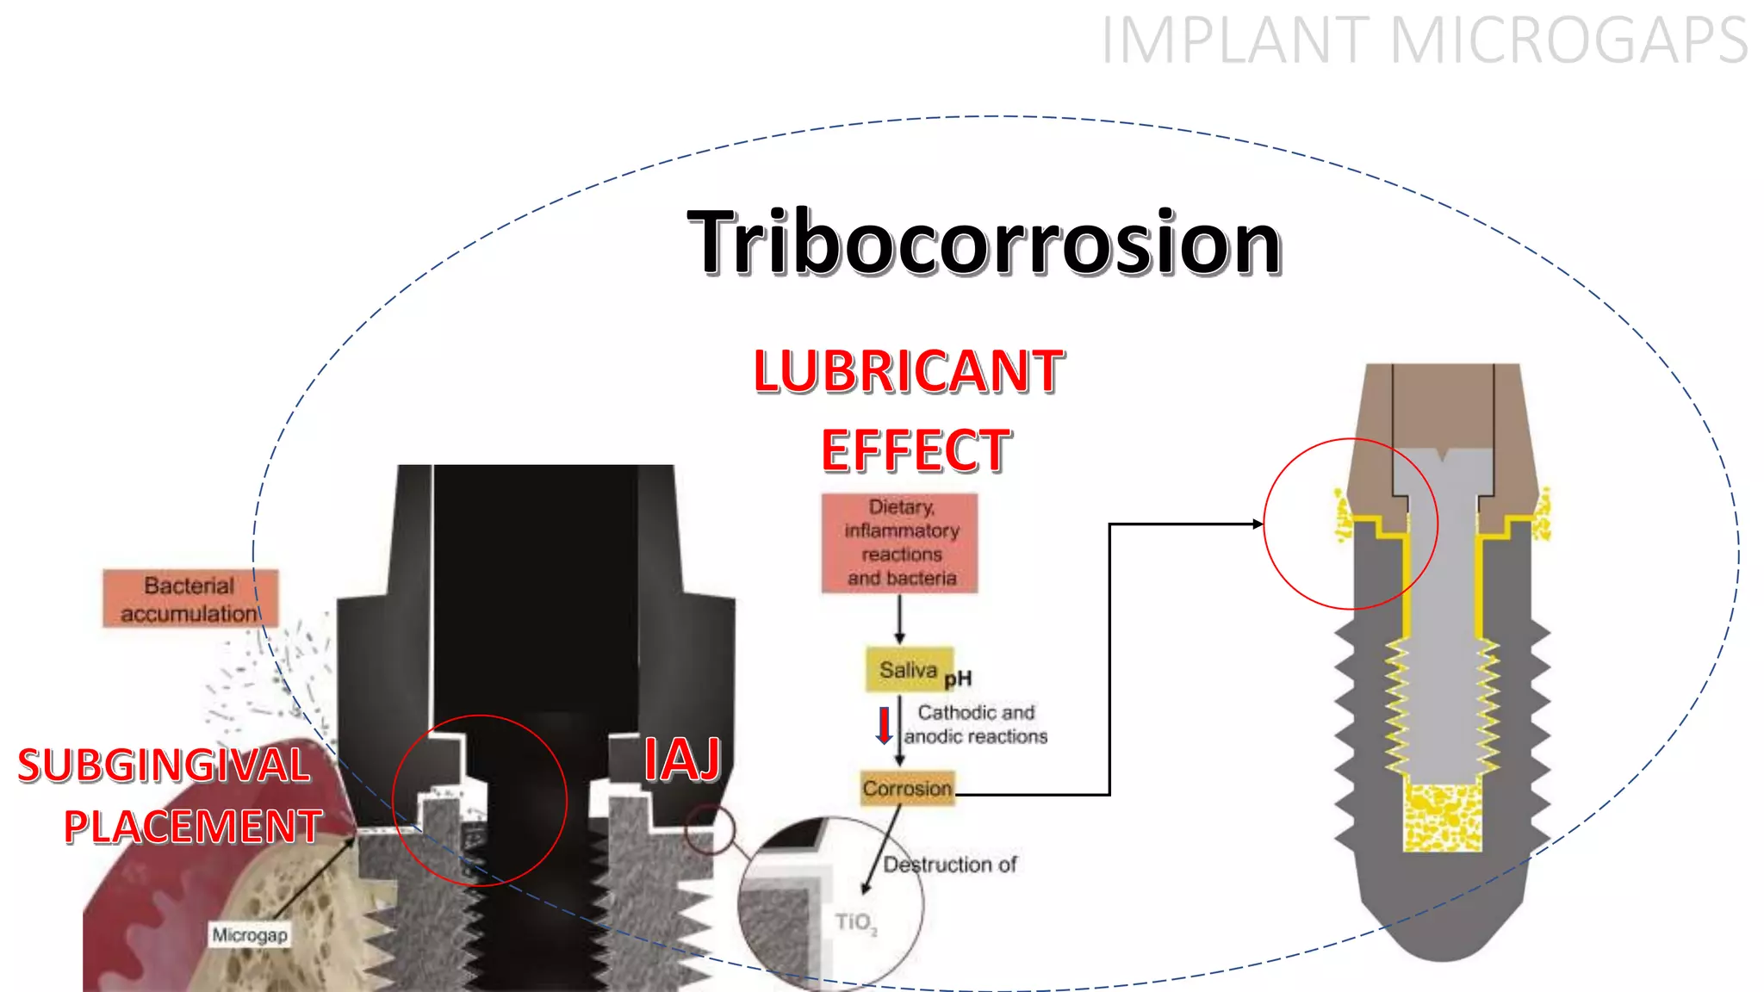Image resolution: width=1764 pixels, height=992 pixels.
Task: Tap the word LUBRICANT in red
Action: (909, 372)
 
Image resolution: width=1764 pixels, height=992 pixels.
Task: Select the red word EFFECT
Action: (916, 450)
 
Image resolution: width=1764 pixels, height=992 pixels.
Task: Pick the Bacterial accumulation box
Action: (190, 598)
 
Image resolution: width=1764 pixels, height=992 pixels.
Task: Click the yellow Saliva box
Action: (909, 670)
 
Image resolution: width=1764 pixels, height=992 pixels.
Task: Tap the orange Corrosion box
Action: (907, 789)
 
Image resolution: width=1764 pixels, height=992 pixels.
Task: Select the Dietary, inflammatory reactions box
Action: (900, 542)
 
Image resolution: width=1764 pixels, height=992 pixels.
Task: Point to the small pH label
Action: (958, 679)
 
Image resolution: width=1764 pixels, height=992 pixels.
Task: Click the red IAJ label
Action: (683, 759)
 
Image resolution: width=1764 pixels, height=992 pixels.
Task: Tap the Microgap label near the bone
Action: (250, 934)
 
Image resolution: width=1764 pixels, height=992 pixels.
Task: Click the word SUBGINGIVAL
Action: (164, 766)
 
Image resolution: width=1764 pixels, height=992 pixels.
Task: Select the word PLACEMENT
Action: (193, 827)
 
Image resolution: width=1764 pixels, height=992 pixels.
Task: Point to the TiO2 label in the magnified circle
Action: (855, 923)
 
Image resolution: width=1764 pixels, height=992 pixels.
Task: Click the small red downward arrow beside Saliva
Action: (884, 726)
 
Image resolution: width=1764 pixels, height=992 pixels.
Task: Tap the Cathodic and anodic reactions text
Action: (976, 724)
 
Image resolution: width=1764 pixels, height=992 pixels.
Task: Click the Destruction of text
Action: (950, 865)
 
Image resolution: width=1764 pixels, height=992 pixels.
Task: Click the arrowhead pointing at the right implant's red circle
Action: (1258, 524)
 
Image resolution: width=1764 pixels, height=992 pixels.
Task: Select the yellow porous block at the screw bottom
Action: (1443, 817)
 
